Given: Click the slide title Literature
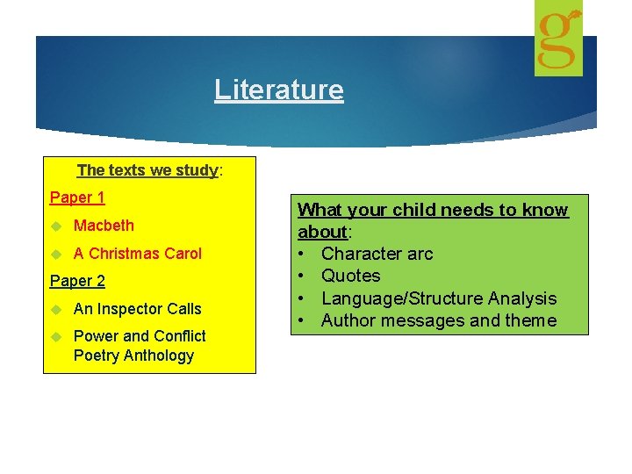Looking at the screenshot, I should coord(279,90).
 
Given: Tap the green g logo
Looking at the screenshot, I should coord(559,39).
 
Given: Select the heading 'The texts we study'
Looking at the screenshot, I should coord(148,170).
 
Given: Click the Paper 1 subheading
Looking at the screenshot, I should coord(77,197).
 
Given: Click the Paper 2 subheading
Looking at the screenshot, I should coord(77,281).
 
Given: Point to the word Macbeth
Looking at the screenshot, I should coord(104,226).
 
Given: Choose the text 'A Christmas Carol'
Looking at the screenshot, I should coord(137,254).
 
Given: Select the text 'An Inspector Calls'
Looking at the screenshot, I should coord(137,309).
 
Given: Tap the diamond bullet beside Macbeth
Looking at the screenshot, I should coord(57,226).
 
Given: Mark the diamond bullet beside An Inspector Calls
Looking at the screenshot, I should coord(57,309).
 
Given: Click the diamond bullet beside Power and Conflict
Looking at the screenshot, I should coord(57,336).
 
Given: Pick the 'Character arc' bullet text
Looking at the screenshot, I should coord(377,254).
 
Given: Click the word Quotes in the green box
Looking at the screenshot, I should coord(350,276).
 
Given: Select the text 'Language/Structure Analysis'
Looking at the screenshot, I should coord(438,298).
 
